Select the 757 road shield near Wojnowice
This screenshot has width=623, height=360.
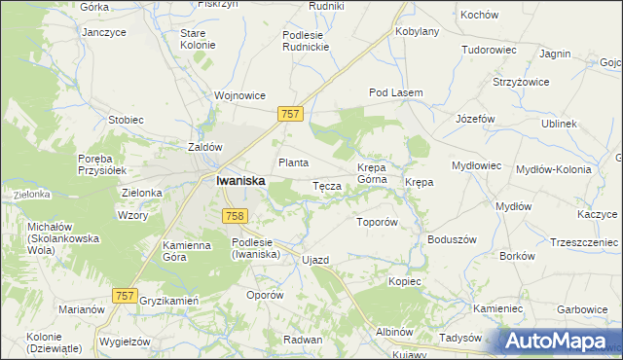click(x=290, y=114)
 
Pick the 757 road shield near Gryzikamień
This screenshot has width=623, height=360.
click(x=125, y=295)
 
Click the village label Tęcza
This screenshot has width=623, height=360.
click(x=325, y=186)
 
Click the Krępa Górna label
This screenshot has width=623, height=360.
click(x=372, y=173)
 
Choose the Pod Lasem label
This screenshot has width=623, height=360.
click(x=395, y=92)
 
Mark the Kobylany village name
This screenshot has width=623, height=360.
click(x=418, y=31)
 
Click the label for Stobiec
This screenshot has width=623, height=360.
click(x=126, y=120)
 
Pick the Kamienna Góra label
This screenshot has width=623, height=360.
click(x=186, y=251)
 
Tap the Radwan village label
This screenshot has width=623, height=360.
click(x=303, y=339)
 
